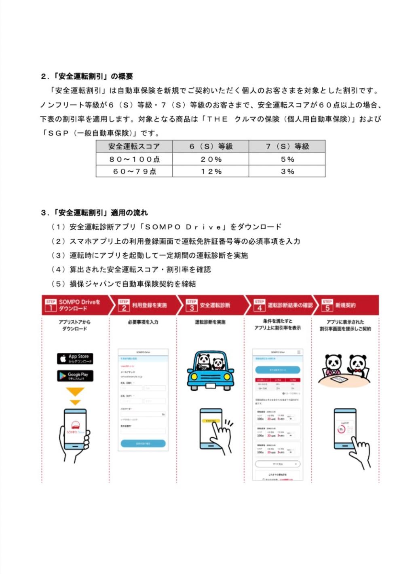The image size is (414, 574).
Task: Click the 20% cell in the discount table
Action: click(211, 159)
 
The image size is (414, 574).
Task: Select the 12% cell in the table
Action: click(211, 172)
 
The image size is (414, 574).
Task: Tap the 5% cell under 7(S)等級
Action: click(287, 159)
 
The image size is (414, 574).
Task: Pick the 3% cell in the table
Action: click(287, 172)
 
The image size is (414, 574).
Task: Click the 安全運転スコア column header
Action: click(134, 146)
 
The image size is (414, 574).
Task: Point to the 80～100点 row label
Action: click(134, 159)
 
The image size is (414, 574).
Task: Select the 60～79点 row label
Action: click(134, 172)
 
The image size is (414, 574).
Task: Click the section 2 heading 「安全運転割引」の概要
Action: click(87, 76)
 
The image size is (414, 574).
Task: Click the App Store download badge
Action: click(75, 358)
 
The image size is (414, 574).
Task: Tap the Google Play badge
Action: click(75, 376)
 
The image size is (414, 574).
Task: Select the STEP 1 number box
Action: click(51, 307)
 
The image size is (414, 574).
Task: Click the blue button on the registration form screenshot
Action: click(143, 443)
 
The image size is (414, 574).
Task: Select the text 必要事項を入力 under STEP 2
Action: click(143, 322)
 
